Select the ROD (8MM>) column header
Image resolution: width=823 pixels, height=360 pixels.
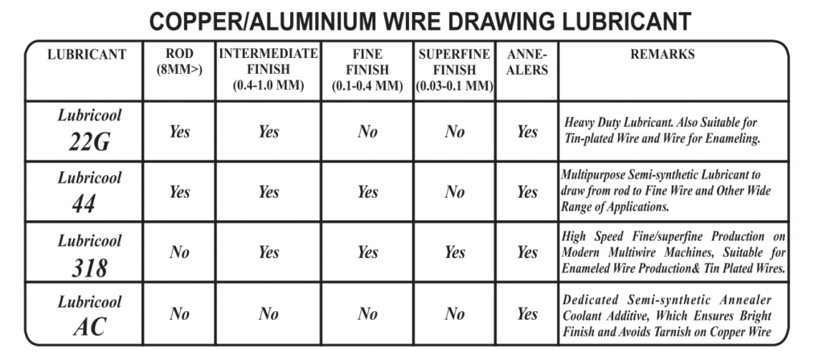pyautogui.click(x=179, y=62)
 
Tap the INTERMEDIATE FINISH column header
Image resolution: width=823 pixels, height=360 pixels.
pyautogui.click(x=268, y=69)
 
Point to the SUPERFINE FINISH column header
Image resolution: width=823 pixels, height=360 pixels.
pyautogui.click(x=455, y=69)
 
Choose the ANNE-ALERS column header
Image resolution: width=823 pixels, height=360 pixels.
pyautogui.click(x=527, y=62)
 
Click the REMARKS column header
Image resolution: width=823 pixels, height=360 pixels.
pyautogui.click(x=662, y=54)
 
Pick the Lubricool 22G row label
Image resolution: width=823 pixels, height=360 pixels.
pyautogui.click(x=89, y=131)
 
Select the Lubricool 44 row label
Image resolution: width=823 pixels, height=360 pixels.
pyautogui.click(x=89, y=191)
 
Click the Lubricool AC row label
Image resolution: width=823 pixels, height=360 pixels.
pyautogui.click(x=89, y=314)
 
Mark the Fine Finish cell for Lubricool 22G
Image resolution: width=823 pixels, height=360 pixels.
pyautogui.click(x=367, y=131)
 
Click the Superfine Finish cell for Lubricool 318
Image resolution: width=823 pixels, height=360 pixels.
pyautogui.click(x=455, y=252)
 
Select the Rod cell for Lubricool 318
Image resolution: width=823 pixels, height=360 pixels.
pyautogui.click(x=179, y=252)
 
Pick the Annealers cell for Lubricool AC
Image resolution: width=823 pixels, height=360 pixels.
pyautogui.click(x=527, y=314)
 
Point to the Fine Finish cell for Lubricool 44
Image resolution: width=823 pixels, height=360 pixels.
pyautogui.click(x=367, y=192)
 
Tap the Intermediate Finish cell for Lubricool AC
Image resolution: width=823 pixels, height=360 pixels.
pyautogui.click(x=268, y=314)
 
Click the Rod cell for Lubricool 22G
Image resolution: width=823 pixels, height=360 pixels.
pyautogui.click(x=179, y=131)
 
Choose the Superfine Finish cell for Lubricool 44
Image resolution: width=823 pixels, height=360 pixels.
pyautogui.click(x=455, y=192)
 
